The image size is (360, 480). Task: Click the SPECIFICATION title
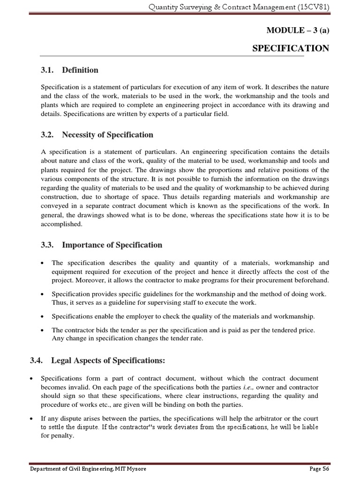(291, 48)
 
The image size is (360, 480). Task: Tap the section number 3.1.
(48, 70)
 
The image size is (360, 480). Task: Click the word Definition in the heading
(80, 70)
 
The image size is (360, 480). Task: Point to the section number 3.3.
(48, 245)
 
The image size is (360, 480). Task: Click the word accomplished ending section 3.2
(61, 224)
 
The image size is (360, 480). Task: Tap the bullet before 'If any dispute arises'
(31, 419)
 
